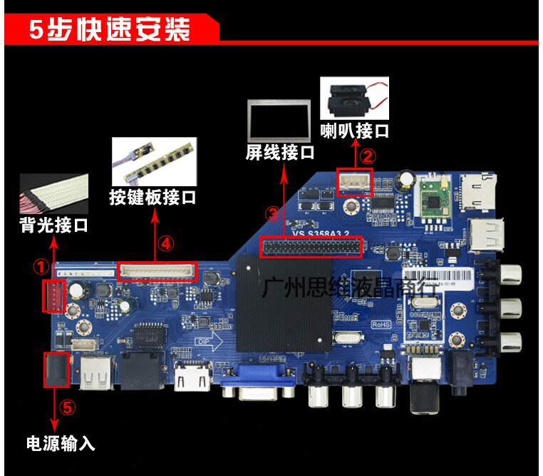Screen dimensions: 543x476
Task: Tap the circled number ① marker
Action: click(x=41, y=267)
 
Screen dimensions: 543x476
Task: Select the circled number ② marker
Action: click(x=366, y=155)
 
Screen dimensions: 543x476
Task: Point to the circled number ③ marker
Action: click(x=271, y=213)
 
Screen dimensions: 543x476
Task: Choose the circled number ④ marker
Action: click(x=165, y=244)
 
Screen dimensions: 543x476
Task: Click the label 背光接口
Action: click(x=53, y=226)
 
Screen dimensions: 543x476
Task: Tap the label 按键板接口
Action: click(x=152, y=197)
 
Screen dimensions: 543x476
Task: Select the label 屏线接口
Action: click(x=280, y=152)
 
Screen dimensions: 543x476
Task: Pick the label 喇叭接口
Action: click(x=354, y=131)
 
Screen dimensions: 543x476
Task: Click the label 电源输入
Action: click(x=61, y=443)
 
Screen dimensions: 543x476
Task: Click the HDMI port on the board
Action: click(x=191, y=376)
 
